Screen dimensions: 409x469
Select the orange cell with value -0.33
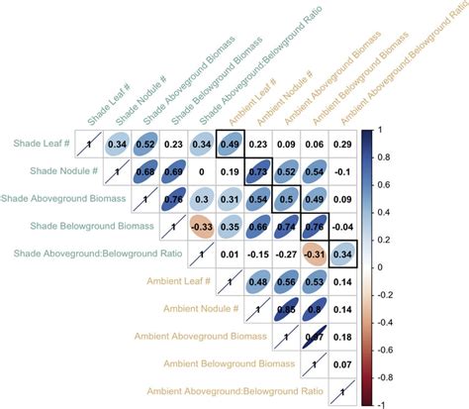click(x=202, y=227)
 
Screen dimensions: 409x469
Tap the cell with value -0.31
click(x=316, y=255)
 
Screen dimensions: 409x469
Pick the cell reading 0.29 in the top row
click(x=343, y=144)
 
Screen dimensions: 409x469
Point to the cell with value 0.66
click(x=259, y=227)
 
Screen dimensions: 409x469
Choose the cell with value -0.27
click(x=287, y=255)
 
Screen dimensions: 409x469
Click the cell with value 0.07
click(x=343, y=365)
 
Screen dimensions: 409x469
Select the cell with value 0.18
click(x=343, y=338)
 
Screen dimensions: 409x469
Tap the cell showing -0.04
click(x=343, y=227)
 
